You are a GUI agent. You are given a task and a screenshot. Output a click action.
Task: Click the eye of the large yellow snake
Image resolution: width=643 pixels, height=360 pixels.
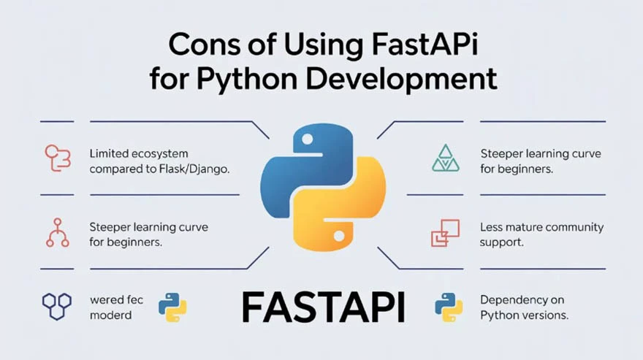click(x=339, y=235)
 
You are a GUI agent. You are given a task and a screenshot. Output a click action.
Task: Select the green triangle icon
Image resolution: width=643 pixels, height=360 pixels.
click(x=446, y=158)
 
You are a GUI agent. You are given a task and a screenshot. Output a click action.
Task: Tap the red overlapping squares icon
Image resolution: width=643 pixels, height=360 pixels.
click(x=445, y=233)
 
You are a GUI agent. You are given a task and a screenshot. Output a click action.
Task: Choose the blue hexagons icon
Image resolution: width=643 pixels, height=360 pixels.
click(x=56, y=307)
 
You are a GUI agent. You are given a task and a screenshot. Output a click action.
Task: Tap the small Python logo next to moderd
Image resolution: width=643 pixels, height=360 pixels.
click(x=172, y=307)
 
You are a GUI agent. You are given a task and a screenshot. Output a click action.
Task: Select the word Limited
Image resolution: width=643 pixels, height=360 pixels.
click(x=108, y=153)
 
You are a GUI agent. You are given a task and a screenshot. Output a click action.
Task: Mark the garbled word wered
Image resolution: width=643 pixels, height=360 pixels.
click(x=106, y=300)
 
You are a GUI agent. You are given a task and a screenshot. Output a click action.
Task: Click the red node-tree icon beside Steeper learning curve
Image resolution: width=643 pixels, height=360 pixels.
click(x=57, y=233)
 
